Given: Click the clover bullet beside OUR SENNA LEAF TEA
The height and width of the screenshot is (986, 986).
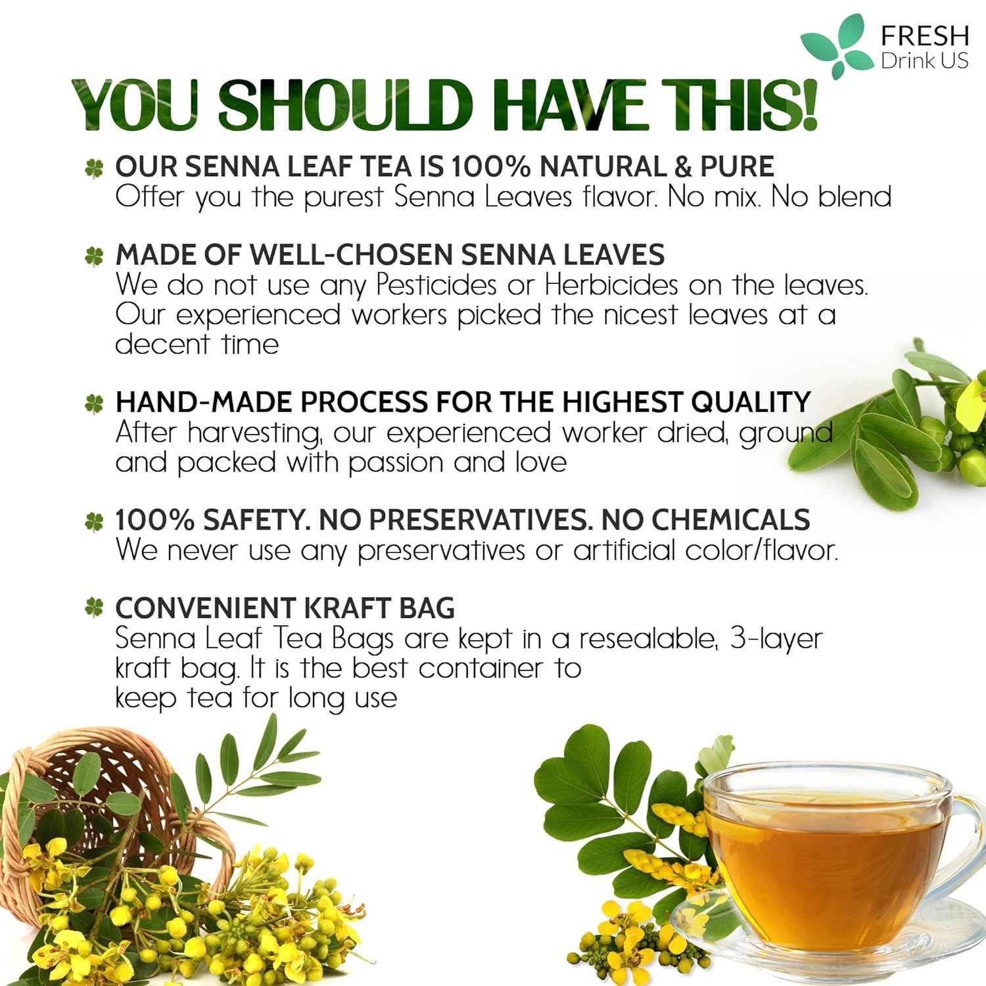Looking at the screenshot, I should pos(94,168).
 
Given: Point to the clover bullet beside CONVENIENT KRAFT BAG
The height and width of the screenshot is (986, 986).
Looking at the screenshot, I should pos(94,609).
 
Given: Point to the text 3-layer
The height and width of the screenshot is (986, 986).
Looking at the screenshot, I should pos(776,638).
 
